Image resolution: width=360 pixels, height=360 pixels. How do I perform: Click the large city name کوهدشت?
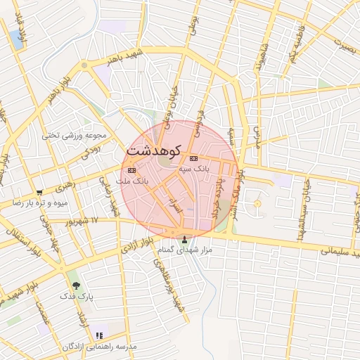(154, 150)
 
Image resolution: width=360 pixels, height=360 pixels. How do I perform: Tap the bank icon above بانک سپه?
(193, 159)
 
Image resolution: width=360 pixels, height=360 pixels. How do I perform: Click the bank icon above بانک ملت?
(131, 171)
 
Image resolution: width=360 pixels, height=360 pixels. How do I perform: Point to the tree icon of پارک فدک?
(76, 286)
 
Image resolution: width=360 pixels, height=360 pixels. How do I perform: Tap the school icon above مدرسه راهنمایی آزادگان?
(100, 335)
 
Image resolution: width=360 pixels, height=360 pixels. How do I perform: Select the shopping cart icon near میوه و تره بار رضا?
(39, 192)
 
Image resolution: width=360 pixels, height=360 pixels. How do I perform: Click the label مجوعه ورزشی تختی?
(74, 135)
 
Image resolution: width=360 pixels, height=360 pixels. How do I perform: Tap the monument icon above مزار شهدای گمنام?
(185, 239)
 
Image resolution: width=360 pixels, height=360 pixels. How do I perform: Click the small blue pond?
(16, 39)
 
